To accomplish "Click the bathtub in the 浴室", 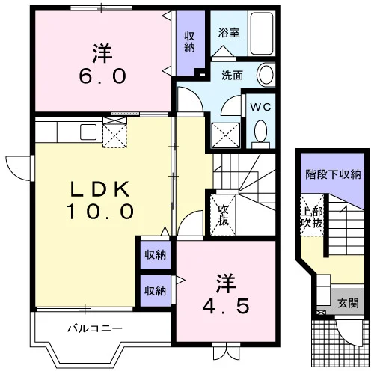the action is pos(262,34).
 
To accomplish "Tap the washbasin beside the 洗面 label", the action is pos(266,75).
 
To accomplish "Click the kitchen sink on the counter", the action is pos(88,132).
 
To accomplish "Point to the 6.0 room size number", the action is pos(102,76).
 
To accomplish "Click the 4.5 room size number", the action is pos(226,306).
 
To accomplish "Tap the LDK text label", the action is pos(100,189).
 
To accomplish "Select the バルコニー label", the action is pos(95,328).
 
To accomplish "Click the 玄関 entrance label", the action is pos(348,303).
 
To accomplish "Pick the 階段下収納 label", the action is pos(333,174).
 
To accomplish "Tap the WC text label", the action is pos(260,107).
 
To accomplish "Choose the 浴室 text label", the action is pos(229,33).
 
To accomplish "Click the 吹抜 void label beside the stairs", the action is pos(223,215).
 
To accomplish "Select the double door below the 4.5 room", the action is pos(227,354).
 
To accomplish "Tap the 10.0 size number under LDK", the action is pos(99,212).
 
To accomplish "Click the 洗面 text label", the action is pos(232,76).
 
